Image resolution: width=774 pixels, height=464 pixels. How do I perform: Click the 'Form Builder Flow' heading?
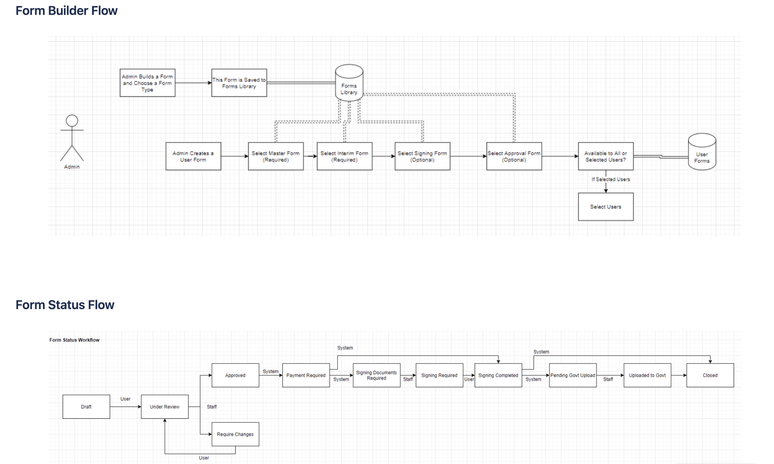coord(66,11)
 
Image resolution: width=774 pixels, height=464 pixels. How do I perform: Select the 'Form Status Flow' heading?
coord(65,305)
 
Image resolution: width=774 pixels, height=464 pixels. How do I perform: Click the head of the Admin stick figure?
coord(72,121)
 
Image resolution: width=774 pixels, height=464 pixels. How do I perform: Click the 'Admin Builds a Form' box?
coord(147,83)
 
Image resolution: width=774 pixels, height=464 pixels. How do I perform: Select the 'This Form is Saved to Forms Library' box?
coord(239,83)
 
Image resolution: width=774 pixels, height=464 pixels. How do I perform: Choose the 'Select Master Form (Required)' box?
coord(276,156)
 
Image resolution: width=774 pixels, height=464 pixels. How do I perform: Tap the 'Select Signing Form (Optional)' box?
coord(422,156)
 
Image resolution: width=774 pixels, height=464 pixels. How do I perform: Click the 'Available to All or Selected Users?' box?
coord(605,156)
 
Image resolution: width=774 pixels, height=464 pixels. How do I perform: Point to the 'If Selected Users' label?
coord(611,179)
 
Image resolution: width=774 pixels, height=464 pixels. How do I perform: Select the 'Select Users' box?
coord(605,207)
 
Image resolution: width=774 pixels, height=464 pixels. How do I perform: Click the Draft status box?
coord(86,407)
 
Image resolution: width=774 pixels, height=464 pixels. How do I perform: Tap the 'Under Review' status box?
coord(165,407)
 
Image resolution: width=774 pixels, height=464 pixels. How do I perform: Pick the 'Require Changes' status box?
coord(235,434)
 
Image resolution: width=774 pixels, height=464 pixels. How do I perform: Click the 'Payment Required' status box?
coord(306,375)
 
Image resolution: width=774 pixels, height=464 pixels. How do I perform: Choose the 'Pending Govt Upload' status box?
coord(573,375)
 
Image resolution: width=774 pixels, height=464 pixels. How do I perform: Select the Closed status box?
coord(710,375)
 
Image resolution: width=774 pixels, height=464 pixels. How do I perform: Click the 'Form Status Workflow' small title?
coord(74,340)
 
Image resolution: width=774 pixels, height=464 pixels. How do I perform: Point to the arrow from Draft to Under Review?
coord(125,407)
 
